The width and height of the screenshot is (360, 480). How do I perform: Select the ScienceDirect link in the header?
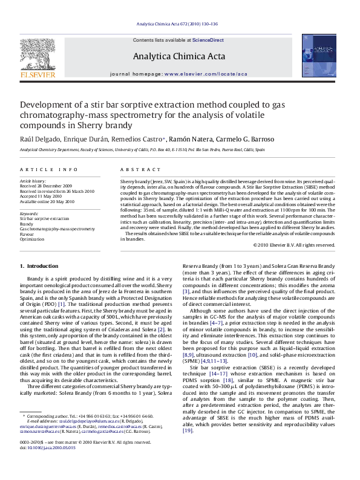pyautogui.click(x=208, y=40)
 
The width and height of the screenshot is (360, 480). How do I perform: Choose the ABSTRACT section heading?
pyautogui.click(x=134, y=170)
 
